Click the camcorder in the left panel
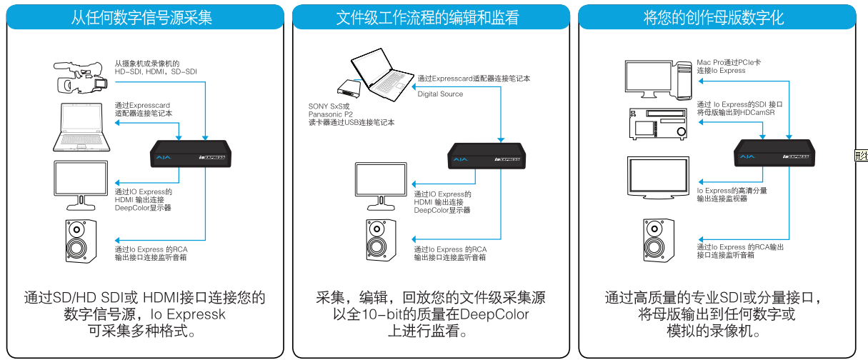(81, 76)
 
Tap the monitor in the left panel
(83, 181)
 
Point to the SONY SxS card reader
(350, 88)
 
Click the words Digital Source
(440, 94)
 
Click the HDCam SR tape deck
(657, 126)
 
